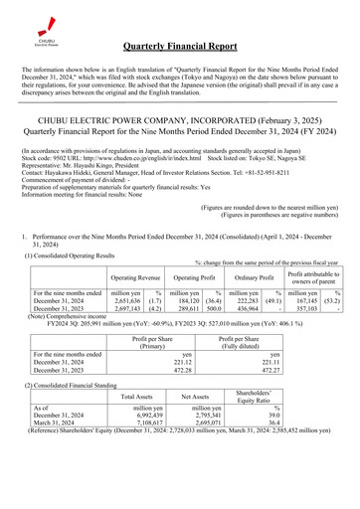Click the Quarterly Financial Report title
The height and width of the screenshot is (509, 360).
[x=199, y=47]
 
